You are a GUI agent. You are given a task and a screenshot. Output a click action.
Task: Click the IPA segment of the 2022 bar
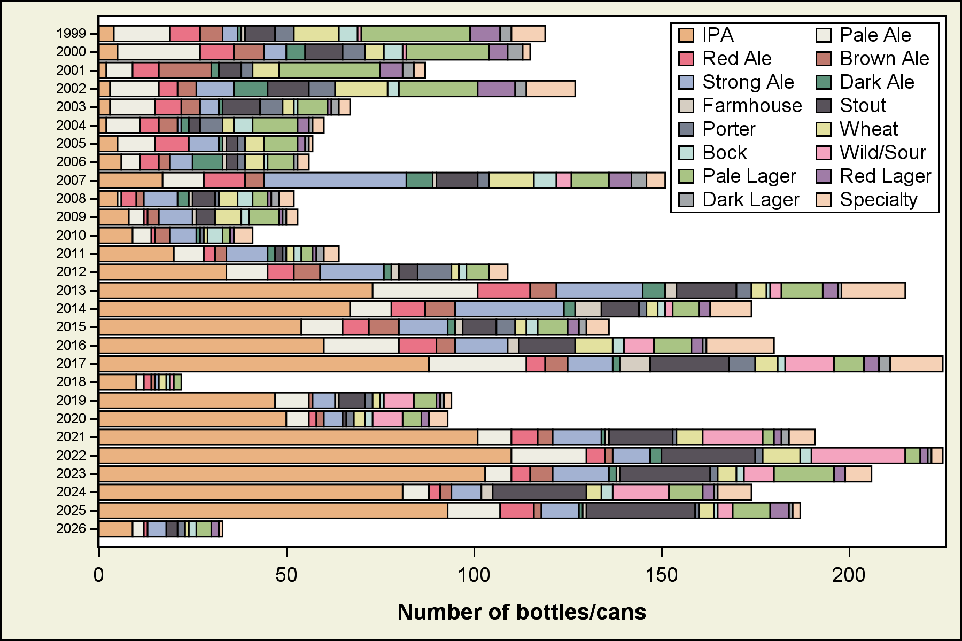tap(305, 456)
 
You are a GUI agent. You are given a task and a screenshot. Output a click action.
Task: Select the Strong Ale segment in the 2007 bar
tap(335, 181)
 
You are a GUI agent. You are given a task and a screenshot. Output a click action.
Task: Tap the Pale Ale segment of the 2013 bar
tap(425, 291)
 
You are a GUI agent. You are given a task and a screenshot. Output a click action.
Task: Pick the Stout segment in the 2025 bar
tap(640, 511)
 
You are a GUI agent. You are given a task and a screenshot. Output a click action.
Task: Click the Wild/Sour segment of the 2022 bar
tap(858, 456)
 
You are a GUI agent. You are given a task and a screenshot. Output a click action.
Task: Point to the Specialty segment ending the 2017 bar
tap(916, 364)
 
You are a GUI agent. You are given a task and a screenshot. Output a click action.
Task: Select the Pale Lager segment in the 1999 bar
tap(416, 34)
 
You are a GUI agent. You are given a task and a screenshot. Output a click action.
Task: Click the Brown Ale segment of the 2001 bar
tap(185, 71)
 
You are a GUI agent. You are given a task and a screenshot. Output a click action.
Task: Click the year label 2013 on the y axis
tap(71, 291)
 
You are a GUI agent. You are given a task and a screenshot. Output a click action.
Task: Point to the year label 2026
tap(71, 529)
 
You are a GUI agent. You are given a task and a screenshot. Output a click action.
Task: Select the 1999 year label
tap(71, 34)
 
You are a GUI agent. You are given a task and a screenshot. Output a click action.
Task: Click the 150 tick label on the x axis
tap(662, 575)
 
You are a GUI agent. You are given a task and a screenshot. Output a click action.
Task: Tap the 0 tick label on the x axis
tap(99, 575)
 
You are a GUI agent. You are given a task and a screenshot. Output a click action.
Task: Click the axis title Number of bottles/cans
tap(522, 612)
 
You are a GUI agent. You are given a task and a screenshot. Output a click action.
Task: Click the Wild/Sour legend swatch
tap(824, 153)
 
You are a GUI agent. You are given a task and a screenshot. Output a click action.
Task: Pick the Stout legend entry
tap(862, 106)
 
